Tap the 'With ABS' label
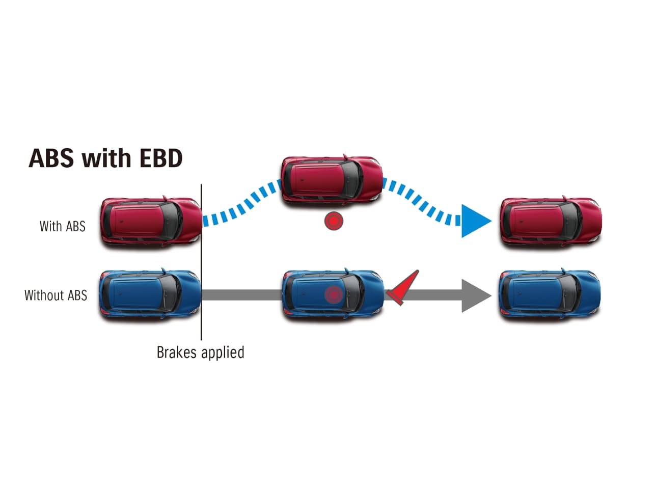point(62,226)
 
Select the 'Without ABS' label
point(56,295)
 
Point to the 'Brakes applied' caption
point(200,353)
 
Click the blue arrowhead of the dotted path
point(474,221)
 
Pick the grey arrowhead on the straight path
point(475,295)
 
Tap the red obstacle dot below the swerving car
point(334,221)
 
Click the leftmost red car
point(151,222)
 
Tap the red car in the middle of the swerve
point(332,180)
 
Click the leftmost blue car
point(150,294)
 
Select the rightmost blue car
point(550,294)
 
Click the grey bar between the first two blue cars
point(242,295)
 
